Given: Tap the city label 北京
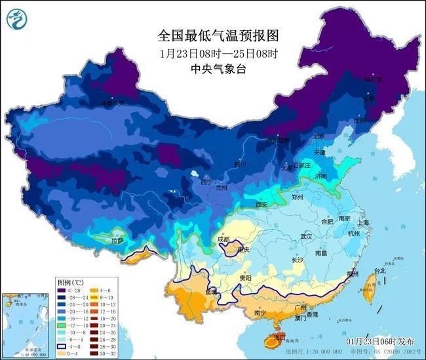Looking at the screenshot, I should click(x=319, y=136).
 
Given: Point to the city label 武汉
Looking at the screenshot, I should click(x=306, y=236).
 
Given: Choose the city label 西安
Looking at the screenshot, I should click(x=262, y=205).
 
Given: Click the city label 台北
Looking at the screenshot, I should click(x=379, y=270).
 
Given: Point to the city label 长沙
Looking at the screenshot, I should click(x=297, y=260).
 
